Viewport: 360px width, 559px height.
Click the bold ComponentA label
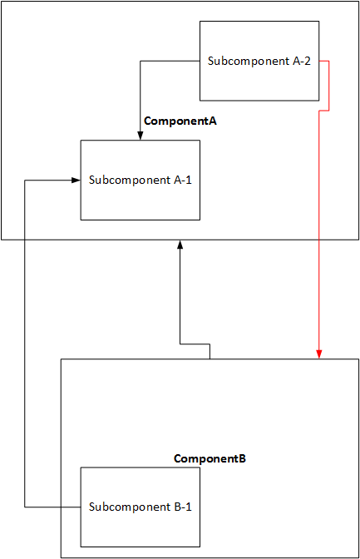tap(180, 121)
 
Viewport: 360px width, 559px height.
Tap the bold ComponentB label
tap(210, 458)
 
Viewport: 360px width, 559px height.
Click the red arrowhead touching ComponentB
tap(319, 354)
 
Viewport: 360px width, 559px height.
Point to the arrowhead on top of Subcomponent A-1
tap(140, 136)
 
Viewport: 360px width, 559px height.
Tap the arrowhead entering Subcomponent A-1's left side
tap(76, 180)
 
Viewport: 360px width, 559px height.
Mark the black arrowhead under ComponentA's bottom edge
tap(180, 245)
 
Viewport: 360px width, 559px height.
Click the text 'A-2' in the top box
tap(302, 61)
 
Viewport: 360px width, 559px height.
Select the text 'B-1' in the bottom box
tap(183, 507)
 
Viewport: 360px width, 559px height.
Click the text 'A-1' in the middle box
tap(183, 180)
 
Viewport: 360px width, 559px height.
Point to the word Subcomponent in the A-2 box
tap(249, 62)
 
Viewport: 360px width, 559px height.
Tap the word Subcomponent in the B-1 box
tap(130, 507)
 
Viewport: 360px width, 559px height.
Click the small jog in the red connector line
tap(324, 111)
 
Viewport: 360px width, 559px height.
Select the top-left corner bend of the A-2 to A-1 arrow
tap(140, 61)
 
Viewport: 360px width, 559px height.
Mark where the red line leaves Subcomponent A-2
tap(319, 61)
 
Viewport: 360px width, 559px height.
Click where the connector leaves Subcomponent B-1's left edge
tap(81, 507)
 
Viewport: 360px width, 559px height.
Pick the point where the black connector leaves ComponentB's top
tap(210, 359)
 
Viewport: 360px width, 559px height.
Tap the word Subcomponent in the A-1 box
tap(130, 181)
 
